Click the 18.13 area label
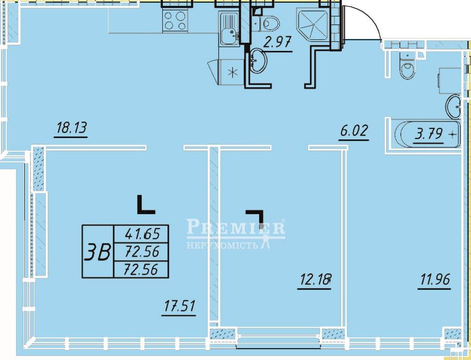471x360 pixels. pyautogui.click(x=71, y=128)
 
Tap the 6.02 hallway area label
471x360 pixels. pyautogui.click(x=354, y=131)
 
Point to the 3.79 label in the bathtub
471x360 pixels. pyautogui.click(x=429, y=134)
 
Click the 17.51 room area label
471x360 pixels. pyautogui.click(x=179, y=306)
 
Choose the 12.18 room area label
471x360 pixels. pyautogui.click(x=315, y=280)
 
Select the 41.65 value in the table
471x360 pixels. pyautogui.click(x=142, y=233)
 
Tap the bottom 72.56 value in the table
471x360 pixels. pyautogui.click(x=141, y=269)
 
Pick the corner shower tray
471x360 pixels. pyautogui.click(x=314, y=26)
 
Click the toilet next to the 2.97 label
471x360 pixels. pyautogui.click(x=266, y=23)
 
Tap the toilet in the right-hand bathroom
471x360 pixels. pyautogui.click(x=407, y=66)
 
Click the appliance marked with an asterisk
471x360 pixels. pyautogui.click(x=231, y=72)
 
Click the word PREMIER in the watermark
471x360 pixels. pyautogui.click(x=236, y=227)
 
